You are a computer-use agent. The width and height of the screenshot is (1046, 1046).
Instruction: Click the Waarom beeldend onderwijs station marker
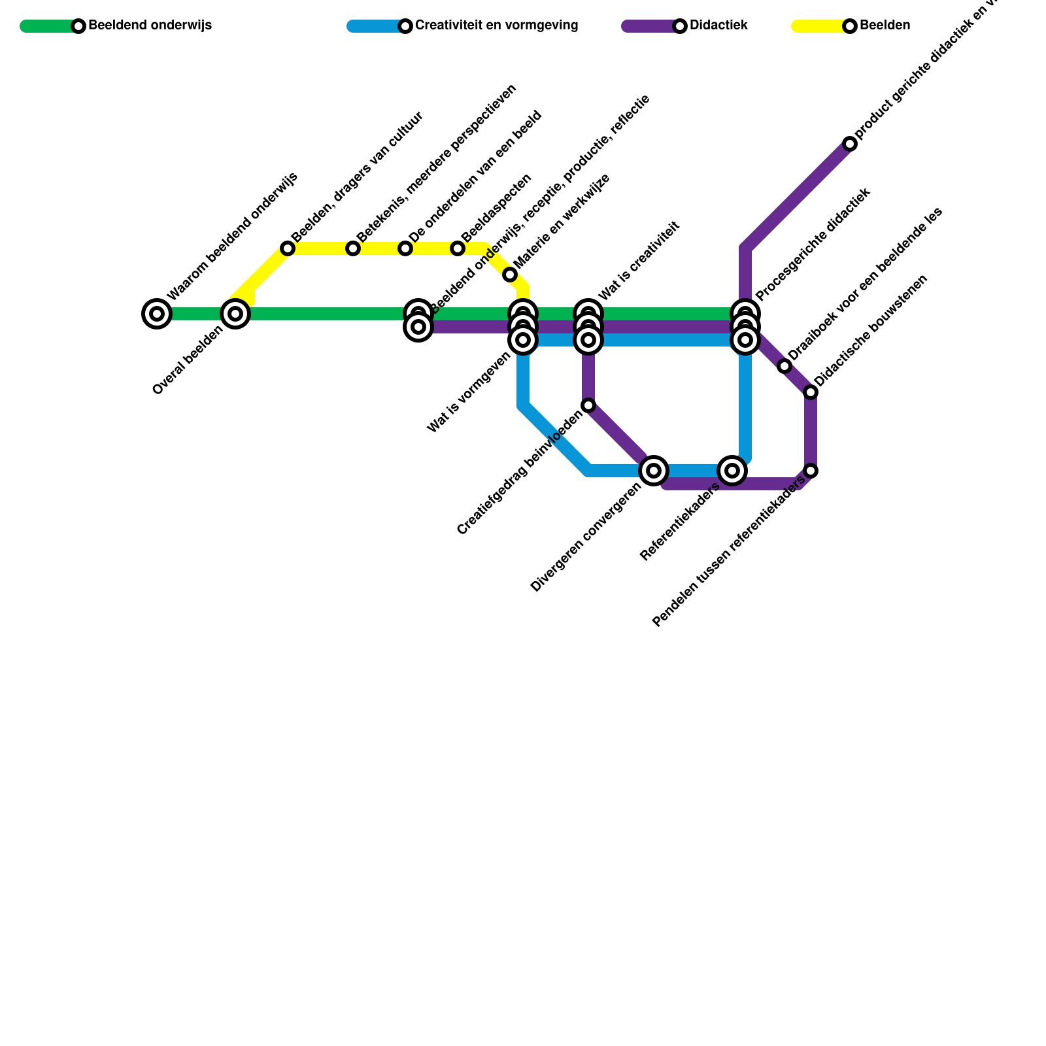point(157,314)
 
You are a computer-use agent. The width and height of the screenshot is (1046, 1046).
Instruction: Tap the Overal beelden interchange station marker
point(235,314)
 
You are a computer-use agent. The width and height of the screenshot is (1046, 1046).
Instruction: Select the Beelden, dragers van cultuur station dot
point(288,248)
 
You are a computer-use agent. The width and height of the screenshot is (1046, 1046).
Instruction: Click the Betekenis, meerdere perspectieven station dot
point(353,248)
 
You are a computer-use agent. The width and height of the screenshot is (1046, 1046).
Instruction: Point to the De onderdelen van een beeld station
point(405,248)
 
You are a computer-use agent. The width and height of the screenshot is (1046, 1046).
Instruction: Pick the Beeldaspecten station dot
point(458,248)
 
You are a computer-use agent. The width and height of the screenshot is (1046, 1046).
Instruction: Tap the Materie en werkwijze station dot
point(510,275)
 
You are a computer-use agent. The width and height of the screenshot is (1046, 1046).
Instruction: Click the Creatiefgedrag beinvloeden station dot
point(588,405)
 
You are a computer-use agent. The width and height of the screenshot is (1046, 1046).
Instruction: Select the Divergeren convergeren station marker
point(654,470)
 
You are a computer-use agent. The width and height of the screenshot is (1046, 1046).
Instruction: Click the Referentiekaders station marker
point(732,470)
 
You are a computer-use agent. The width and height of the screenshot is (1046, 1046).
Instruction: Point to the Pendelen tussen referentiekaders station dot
point(811,471)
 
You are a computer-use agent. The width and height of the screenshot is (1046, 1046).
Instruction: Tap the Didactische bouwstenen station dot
point(811,392)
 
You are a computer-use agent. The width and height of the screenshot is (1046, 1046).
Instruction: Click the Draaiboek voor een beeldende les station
point(785,366)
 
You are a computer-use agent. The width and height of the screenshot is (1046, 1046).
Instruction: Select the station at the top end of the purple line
point(850,144)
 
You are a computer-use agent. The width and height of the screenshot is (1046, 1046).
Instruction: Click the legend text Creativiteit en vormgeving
point(496,26)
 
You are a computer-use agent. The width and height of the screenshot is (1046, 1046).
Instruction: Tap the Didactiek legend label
point(718,26)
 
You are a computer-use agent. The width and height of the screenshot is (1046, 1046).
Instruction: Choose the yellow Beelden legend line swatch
point(817,26)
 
